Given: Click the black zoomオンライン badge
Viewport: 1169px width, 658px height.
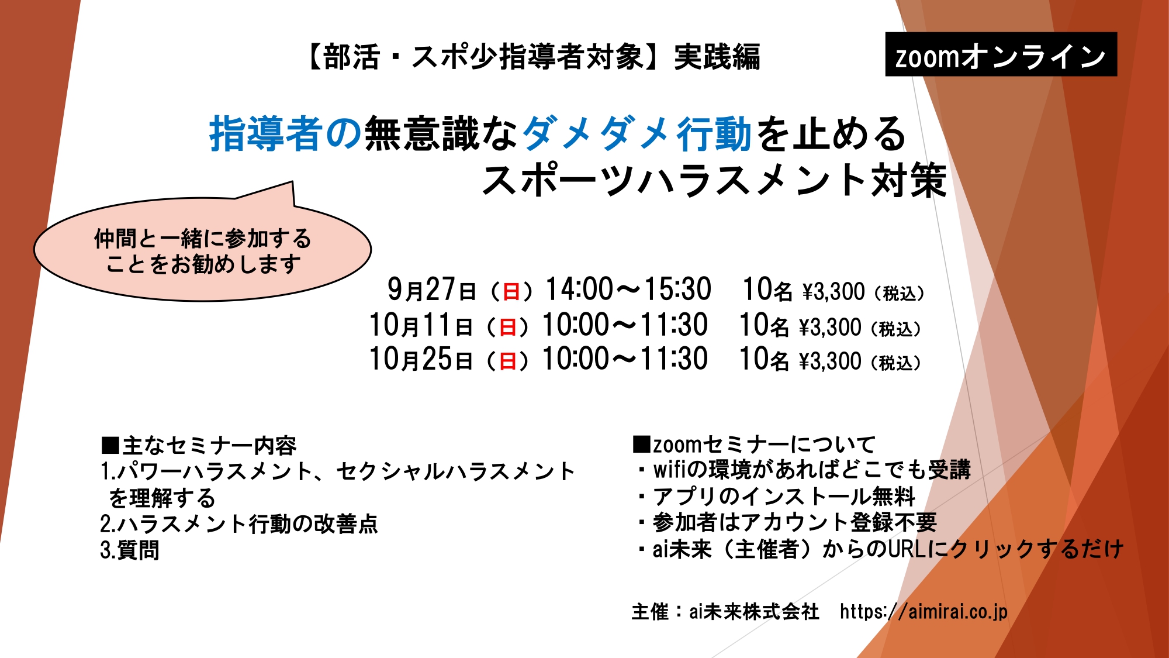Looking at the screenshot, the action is click(x=1001, y=54).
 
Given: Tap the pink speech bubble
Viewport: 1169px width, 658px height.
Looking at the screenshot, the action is click(x=202, y=249).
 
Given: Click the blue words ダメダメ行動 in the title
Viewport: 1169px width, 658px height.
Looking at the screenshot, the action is click(x=637, y=133).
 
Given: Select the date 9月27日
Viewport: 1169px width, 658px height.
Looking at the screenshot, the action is click(x=431, y=289).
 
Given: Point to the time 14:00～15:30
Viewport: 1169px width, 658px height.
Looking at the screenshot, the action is click(x=628, y=289).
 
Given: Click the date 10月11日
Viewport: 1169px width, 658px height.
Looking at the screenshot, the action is click(x=421, y=325).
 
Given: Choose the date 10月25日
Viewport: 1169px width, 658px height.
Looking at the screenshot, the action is click(x=421, y=359).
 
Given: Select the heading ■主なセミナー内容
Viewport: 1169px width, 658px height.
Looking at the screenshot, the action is click(x=199, y=446).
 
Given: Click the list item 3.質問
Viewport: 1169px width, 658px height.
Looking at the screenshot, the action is click(x=130, y=550).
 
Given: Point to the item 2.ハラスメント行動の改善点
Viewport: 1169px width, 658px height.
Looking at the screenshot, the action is click(x=239, y=523).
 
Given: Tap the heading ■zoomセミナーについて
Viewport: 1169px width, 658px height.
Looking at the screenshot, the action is click(x=754, y=445).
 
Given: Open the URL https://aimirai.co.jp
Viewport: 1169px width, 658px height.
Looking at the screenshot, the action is click(x=924, y=612).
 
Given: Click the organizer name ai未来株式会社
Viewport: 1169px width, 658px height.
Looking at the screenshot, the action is click(x=754, y=612).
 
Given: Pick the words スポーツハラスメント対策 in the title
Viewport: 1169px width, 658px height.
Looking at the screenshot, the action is click(x=714, y=180).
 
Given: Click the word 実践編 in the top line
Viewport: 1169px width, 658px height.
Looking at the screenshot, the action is click(x=717, y=57).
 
